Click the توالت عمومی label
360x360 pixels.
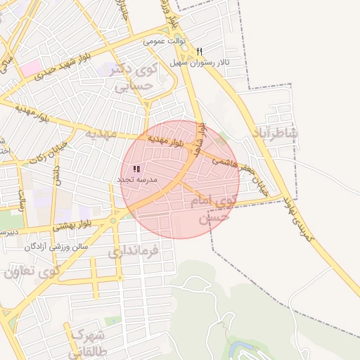pos(164,41)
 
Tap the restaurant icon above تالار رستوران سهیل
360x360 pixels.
pos(200,51)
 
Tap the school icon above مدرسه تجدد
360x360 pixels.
pos(136,169)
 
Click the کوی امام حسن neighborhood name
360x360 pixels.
pos(210,210)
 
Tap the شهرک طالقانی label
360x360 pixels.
pos(87,341)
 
